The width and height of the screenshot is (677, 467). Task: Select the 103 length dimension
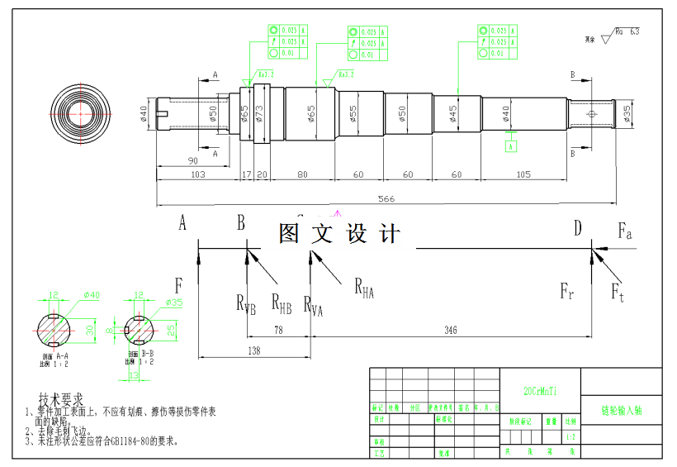pos(197,175)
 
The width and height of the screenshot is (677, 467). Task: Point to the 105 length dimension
pos(523,175)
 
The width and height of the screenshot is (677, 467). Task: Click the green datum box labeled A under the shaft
pos(512,147)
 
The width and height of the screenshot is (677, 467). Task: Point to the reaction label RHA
pos(364,287)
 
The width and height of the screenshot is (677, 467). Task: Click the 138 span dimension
pos(253,351)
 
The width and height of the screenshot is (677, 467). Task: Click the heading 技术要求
pos(62,400)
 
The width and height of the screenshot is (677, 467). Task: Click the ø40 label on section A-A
pos(91,295)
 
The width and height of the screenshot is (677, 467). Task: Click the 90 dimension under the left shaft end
pos(192,160)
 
